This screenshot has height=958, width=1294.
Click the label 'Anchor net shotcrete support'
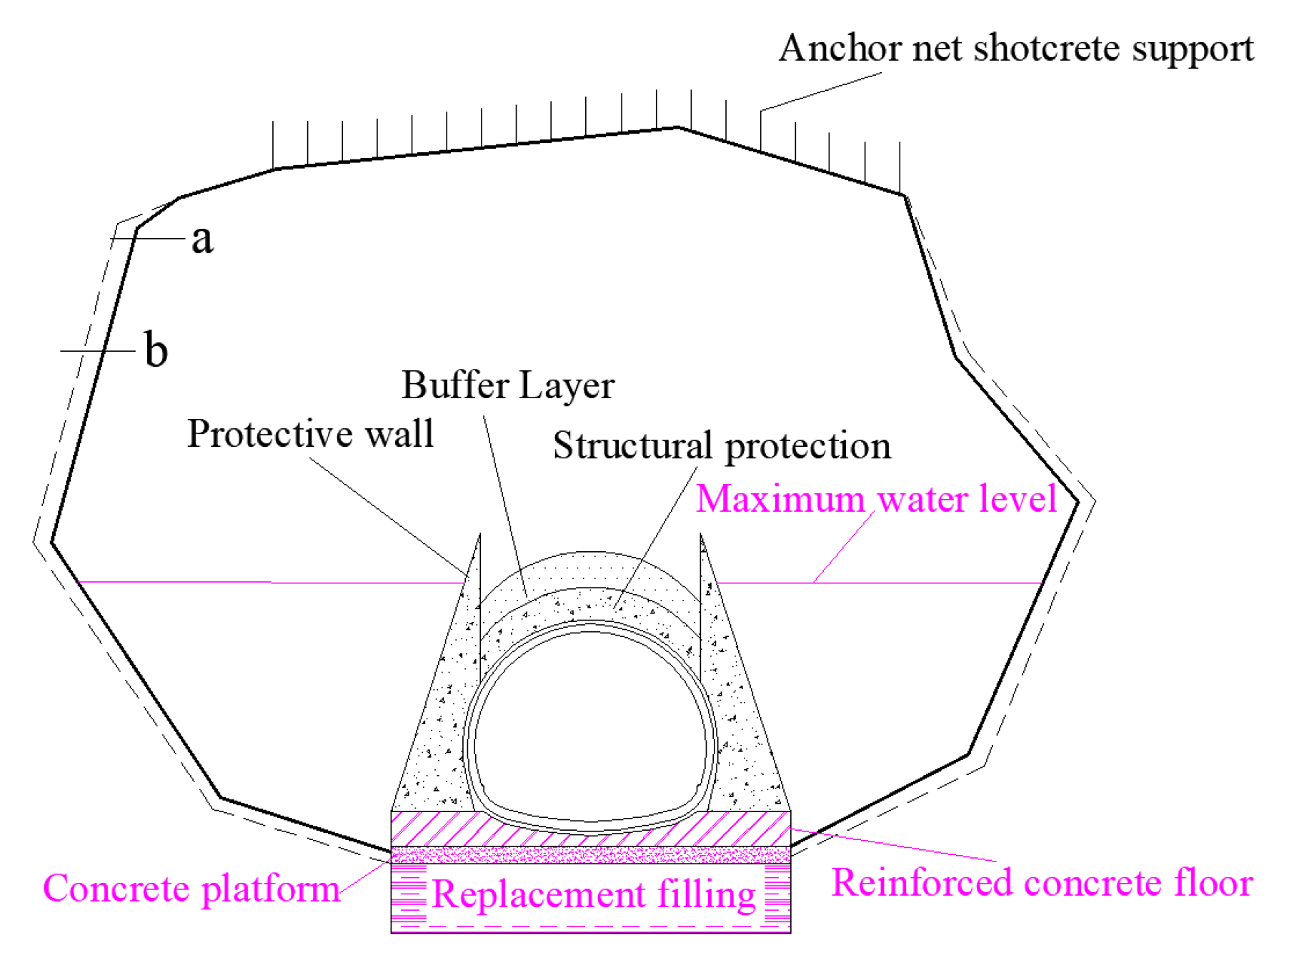tap(1015, 49)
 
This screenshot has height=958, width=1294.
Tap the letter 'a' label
tap(202, 239)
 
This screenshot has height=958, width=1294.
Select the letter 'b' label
tap(156, 350)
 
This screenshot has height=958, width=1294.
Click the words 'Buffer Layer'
tap(507, 385)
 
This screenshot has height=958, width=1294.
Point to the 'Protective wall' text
tap(310, 434)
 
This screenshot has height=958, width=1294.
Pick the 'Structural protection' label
tap(722, 445)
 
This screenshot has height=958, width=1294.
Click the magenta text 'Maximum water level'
tap(876, 498)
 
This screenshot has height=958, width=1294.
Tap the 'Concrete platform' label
tap(191, 889)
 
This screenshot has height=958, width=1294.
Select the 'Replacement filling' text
tap(593, 894)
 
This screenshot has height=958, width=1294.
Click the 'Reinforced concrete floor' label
tap(1042, 883)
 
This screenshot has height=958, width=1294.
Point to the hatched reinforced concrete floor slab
tap(429, 828)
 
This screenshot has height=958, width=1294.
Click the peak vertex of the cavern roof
tap(677, 128)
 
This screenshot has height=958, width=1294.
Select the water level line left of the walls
tap(272, 583)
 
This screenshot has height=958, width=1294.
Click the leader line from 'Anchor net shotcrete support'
tap(822, 92)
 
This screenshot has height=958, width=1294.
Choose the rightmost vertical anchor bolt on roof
tap(900, 167)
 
